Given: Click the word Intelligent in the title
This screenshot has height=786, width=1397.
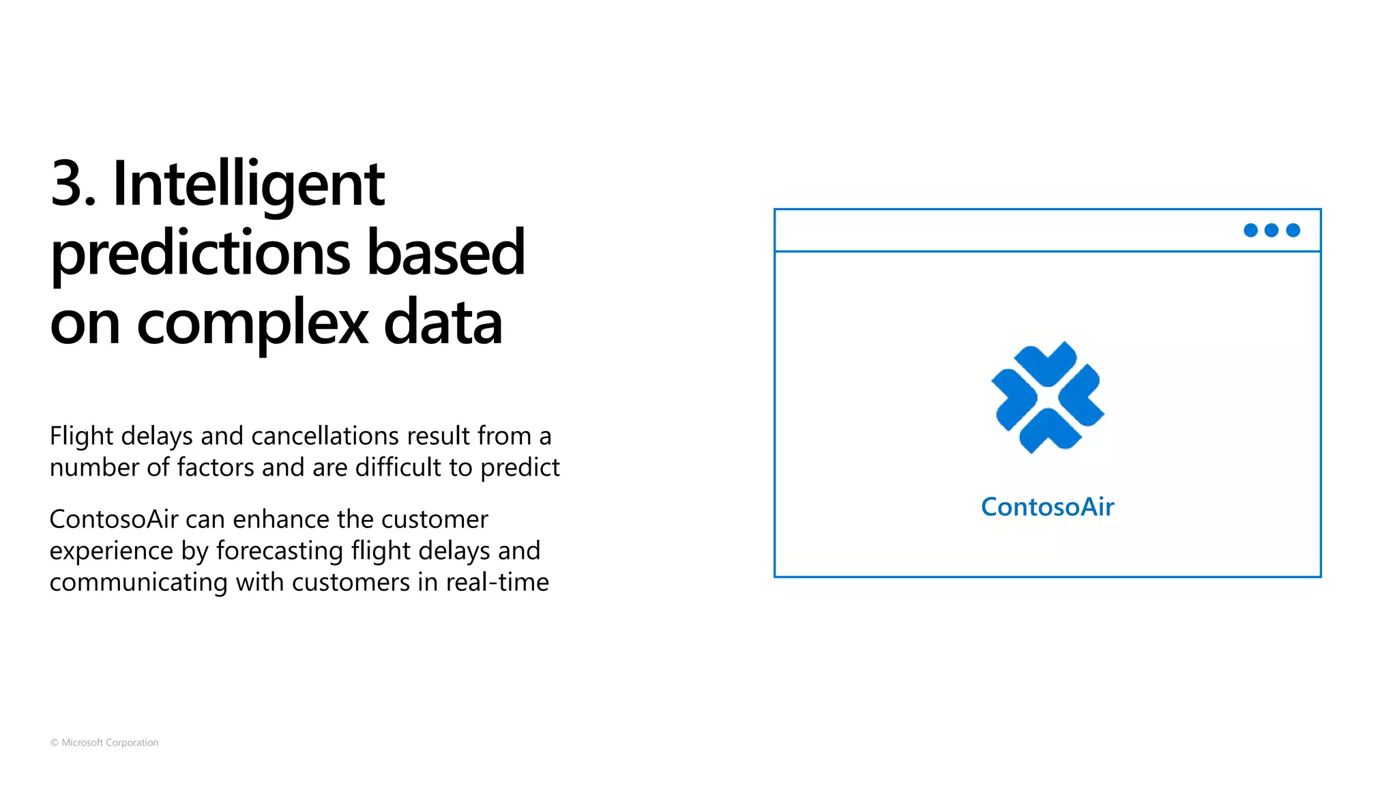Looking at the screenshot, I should pyautogui.click(x=248, y=184).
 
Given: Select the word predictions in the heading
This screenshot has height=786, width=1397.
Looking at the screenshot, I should pyautogui.click(x=201, y=254).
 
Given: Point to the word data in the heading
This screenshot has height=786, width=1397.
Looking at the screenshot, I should pyautogui.click(x=443, y=323).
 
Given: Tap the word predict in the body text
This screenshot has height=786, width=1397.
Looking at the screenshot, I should pyautogui.click(x=520, y=468).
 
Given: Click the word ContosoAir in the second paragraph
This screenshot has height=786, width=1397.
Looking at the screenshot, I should pyautogui.click(x=114, y=519).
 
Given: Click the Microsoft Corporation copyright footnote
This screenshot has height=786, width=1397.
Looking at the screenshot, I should pyautogui.click(x=104, y=742).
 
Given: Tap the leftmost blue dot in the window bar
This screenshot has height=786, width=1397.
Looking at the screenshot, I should pyautogui.click(x=1250, y=231).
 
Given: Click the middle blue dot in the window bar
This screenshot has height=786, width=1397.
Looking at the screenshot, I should pyautogui.click(x=1271, y=231).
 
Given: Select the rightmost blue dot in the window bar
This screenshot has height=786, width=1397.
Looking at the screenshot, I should pyautogui.click(x=1293, y=231).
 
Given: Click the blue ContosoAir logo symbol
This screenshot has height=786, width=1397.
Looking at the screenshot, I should pyautogui.click(x=1047, y=398).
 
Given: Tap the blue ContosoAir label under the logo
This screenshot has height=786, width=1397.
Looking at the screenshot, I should pyautogui.click(x=1047, y=507).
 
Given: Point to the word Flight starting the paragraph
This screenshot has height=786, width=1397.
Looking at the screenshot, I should pyautogui.click(x=81, y=436).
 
